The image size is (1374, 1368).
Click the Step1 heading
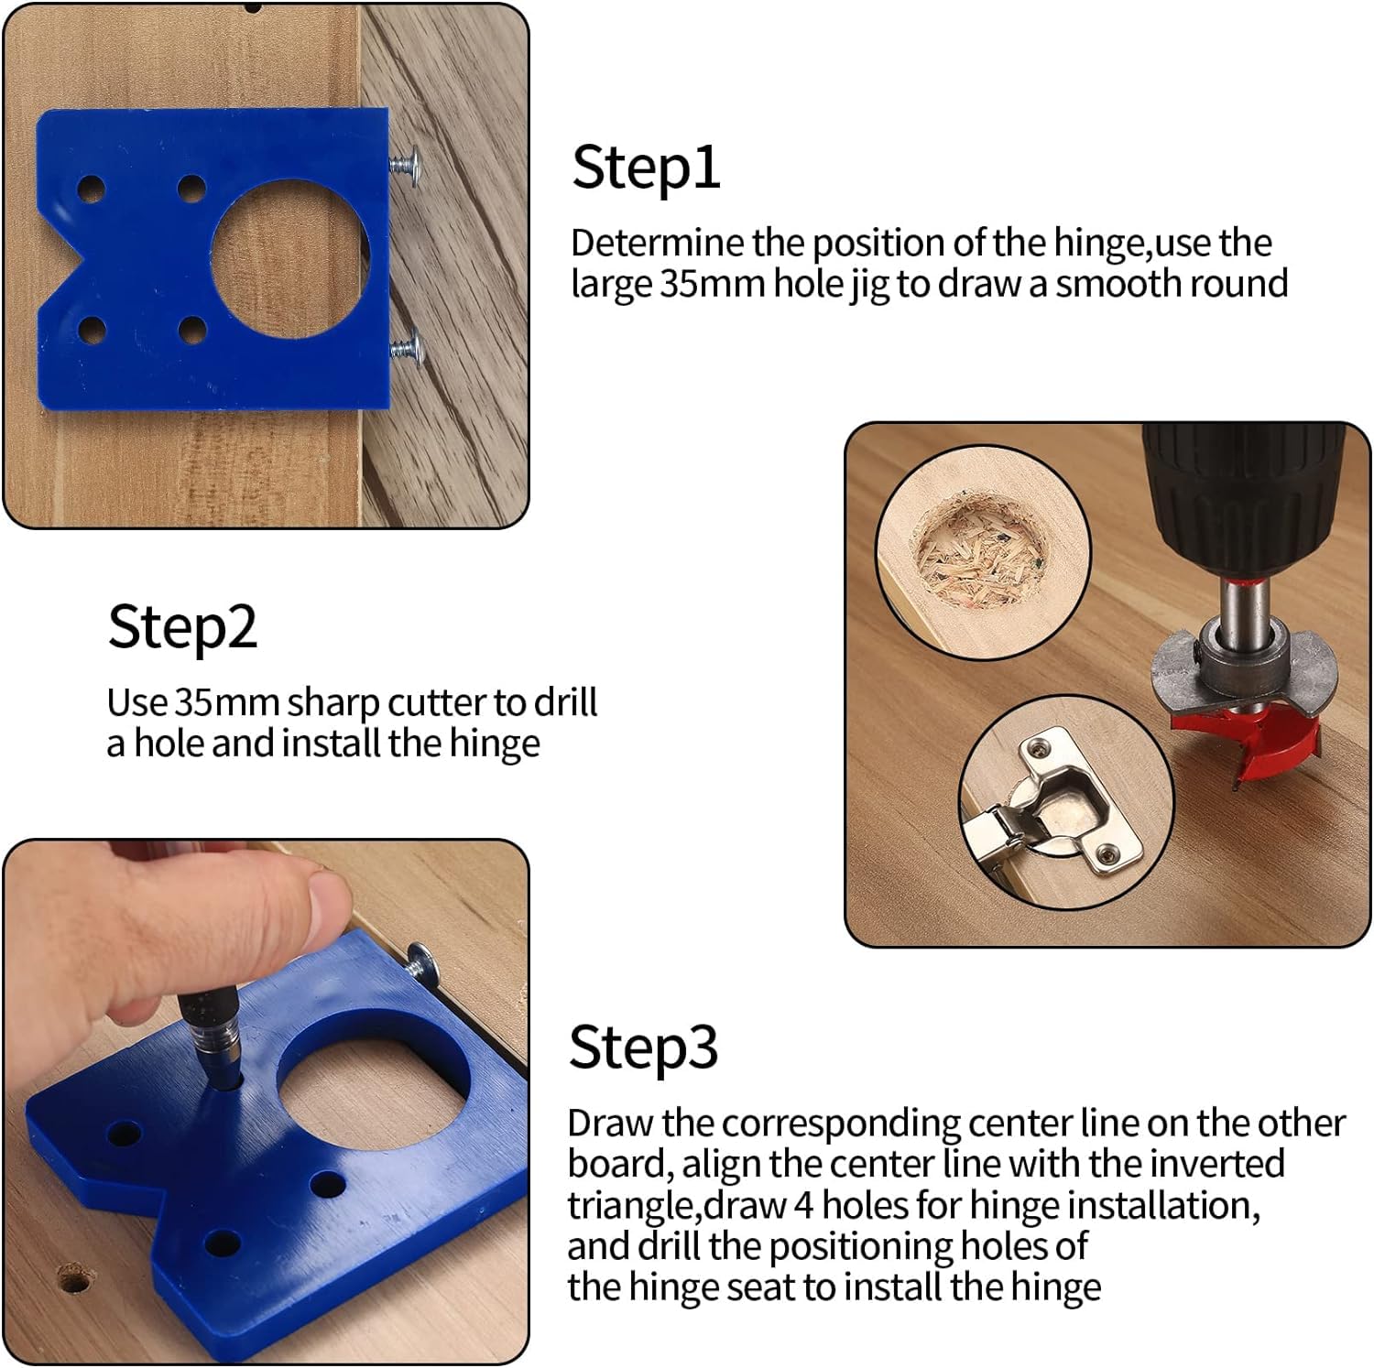click(x=646, y=168)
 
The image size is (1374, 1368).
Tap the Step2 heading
click(x=182, y=627)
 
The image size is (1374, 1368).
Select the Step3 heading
click(x=643, y=1047)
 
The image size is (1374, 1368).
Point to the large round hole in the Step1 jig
click(x=290, y=255)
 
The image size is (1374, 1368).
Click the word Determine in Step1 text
click(x=658, y=244)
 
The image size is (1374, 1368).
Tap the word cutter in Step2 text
click(x=437, y=703)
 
